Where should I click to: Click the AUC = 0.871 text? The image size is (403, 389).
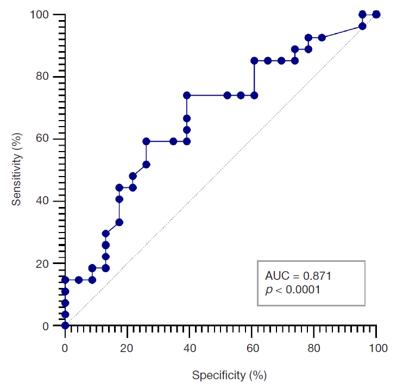click(298, 276)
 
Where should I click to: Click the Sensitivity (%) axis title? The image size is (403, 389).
click(17, 170)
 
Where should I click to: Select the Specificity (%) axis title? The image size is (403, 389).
click(229, 375)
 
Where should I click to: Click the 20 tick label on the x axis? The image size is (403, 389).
click(128, 348)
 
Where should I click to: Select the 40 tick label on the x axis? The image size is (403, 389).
click(190, 348)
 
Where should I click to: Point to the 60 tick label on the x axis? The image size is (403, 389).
click(252, 348)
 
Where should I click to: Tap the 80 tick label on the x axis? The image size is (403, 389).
click(314, 348)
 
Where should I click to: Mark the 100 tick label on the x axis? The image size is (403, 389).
click(376, 348)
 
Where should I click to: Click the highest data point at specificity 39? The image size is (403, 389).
click(187, 95)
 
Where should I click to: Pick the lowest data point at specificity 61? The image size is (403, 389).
click(254, 95)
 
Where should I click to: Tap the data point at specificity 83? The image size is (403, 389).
click(322, 37)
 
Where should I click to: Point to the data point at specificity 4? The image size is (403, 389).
click(79, 280)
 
